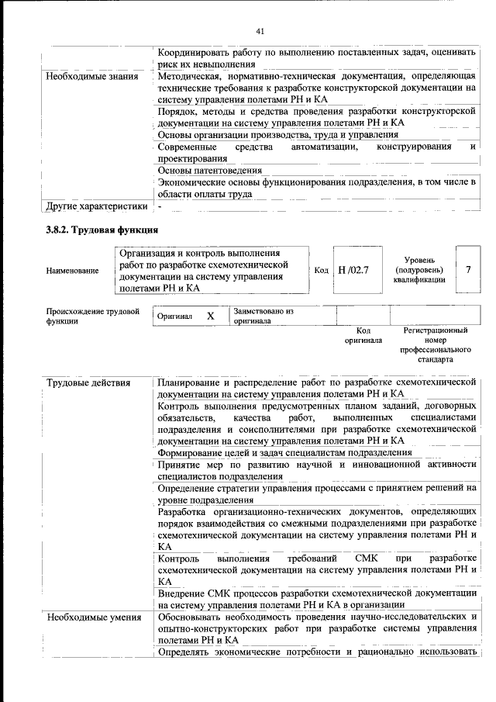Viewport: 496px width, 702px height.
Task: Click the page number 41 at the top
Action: pos(260,31)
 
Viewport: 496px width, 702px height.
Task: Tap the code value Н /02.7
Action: pos(355,270)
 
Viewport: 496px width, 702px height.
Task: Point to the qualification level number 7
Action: pos(468,269)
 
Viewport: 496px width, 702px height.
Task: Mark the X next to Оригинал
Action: pos(210,316)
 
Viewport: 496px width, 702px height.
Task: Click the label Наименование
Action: pos(73,271)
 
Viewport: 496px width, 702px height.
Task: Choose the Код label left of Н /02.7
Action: pos(322,270)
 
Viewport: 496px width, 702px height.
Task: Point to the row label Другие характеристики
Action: pos(96,207)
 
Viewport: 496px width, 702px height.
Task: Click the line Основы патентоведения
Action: pos(210,170)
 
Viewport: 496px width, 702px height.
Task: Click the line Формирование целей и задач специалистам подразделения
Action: pos(284,452)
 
